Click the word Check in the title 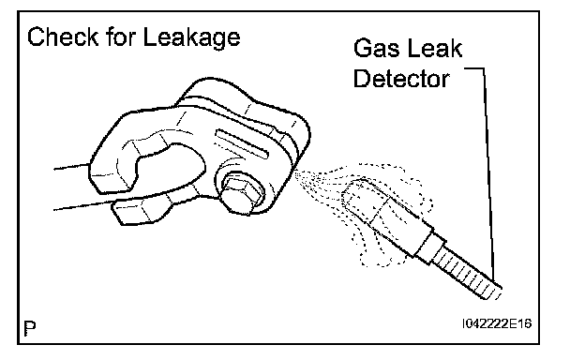[63, 37]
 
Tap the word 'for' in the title [121, 37]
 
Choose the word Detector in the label [401, 78]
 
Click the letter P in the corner [30, 329]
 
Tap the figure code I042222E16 [497, 323]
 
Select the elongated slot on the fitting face [243, 143]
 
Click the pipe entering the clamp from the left [73, 188]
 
